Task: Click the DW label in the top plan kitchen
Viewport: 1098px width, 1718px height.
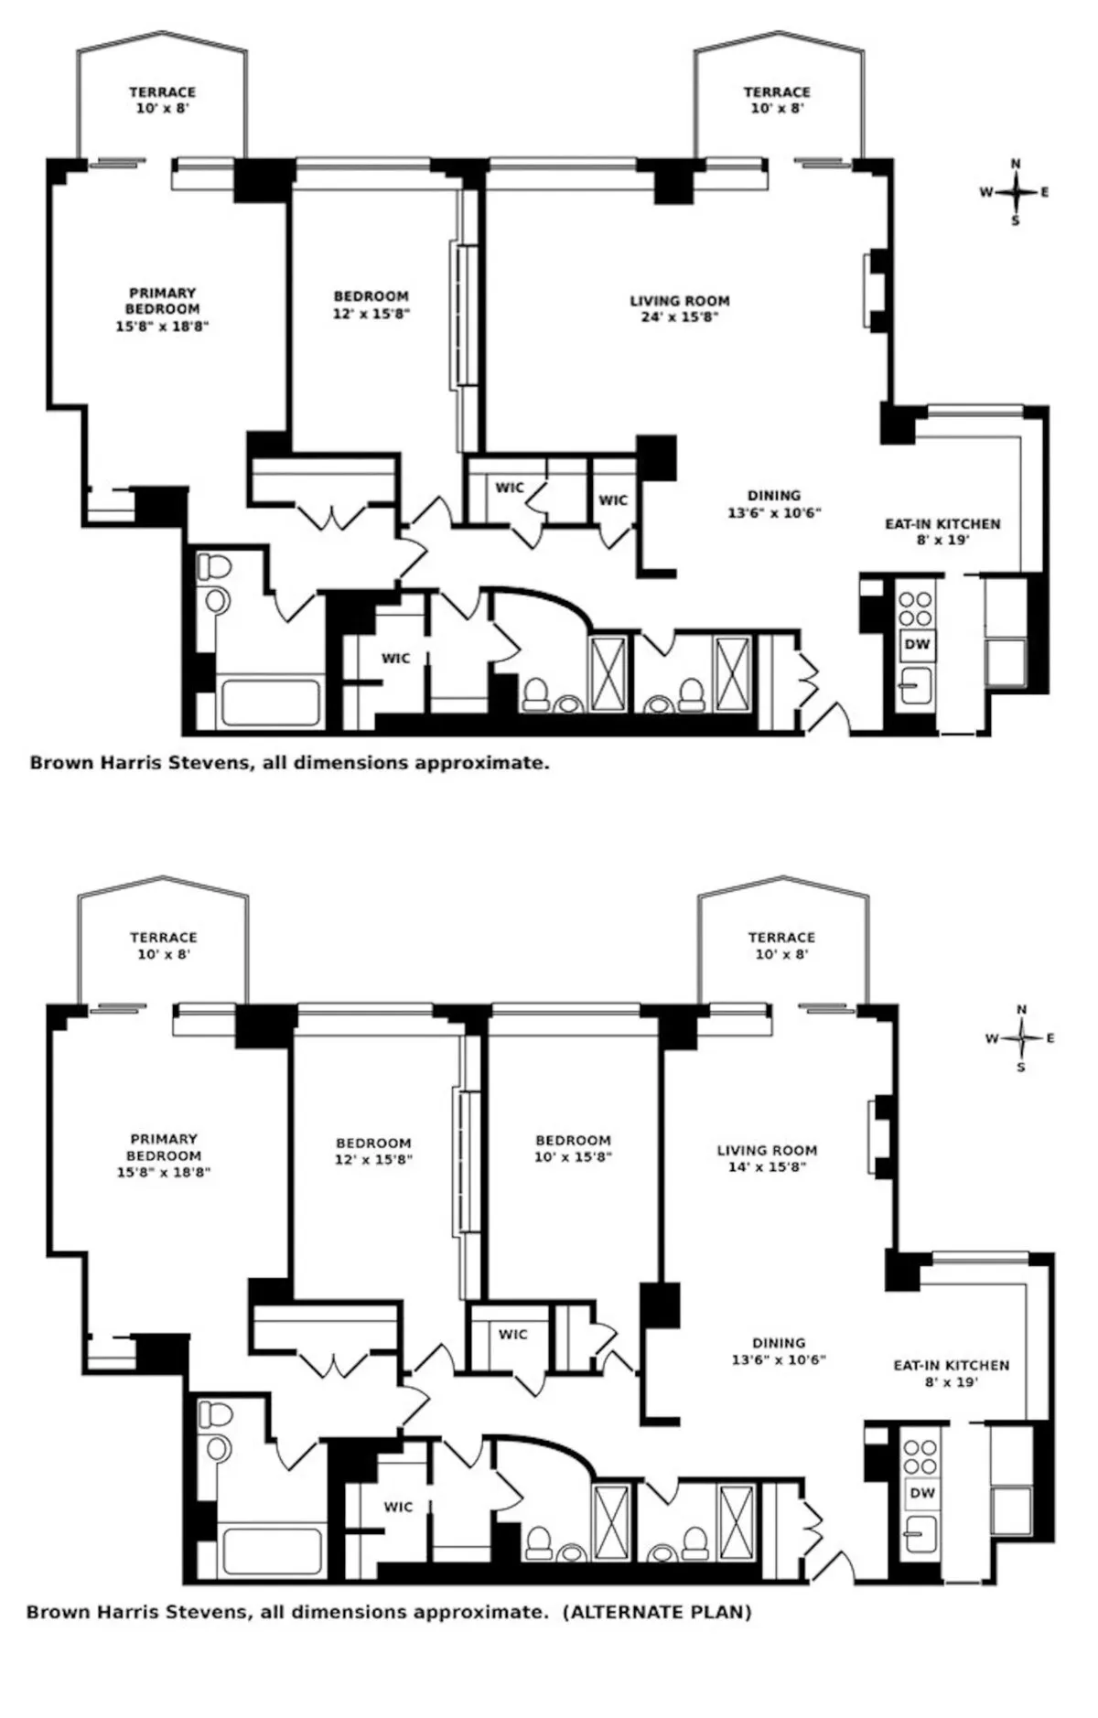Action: point(917,644)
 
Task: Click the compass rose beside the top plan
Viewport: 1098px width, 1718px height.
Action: point(1016,192)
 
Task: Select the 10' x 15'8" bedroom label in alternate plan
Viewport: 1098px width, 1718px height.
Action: point(573,1148)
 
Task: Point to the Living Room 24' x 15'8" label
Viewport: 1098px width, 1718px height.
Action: point(680,308)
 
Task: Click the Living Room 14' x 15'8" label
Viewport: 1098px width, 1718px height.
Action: point(767,1158)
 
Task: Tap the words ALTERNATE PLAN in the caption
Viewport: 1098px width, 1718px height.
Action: point(656,1612)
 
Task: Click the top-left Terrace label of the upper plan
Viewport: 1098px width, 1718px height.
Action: point(162,99)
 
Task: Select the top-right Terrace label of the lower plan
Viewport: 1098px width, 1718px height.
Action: point(780,945)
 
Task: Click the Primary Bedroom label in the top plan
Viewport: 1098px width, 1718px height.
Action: point(162,309)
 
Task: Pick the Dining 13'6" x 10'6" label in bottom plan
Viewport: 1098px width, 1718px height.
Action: point(779,1350)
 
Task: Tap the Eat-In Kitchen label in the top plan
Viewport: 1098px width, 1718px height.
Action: point(942,532)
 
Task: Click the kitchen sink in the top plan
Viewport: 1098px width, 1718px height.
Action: point(916,683)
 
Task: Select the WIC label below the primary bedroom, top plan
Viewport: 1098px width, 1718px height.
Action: point(395,659)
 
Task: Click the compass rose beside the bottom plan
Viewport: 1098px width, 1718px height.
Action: point(1021,1037)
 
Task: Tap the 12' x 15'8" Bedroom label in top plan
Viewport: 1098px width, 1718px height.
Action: point(371,305)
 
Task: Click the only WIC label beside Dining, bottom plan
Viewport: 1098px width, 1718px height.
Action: point(512,1335)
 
